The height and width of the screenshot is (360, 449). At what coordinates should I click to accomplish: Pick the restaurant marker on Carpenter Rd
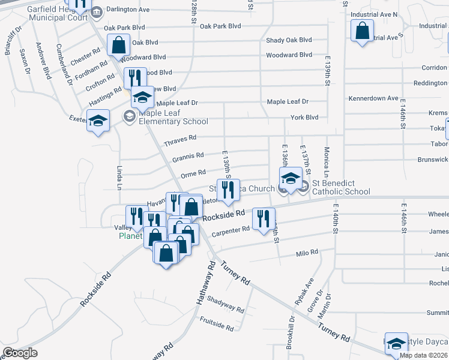(x=264, y=219)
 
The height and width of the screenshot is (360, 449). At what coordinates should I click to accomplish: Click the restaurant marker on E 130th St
(x=228, y=191)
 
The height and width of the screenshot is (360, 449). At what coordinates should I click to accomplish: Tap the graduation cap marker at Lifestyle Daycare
(x=396, y=344)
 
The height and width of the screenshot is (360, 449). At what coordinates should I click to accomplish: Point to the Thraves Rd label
(x=180, y=139)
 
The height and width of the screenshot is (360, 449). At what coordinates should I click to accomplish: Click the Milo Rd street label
(x=307, y=253)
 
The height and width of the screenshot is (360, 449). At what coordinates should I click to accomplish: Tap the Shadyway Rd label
(x=228, y=307)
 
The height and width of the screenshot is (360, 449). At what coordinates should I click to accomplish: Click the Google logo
(x=20, y=352)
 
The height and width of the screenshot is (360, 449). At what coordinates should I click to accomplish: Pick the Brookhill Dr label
(x=291, y=336)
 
